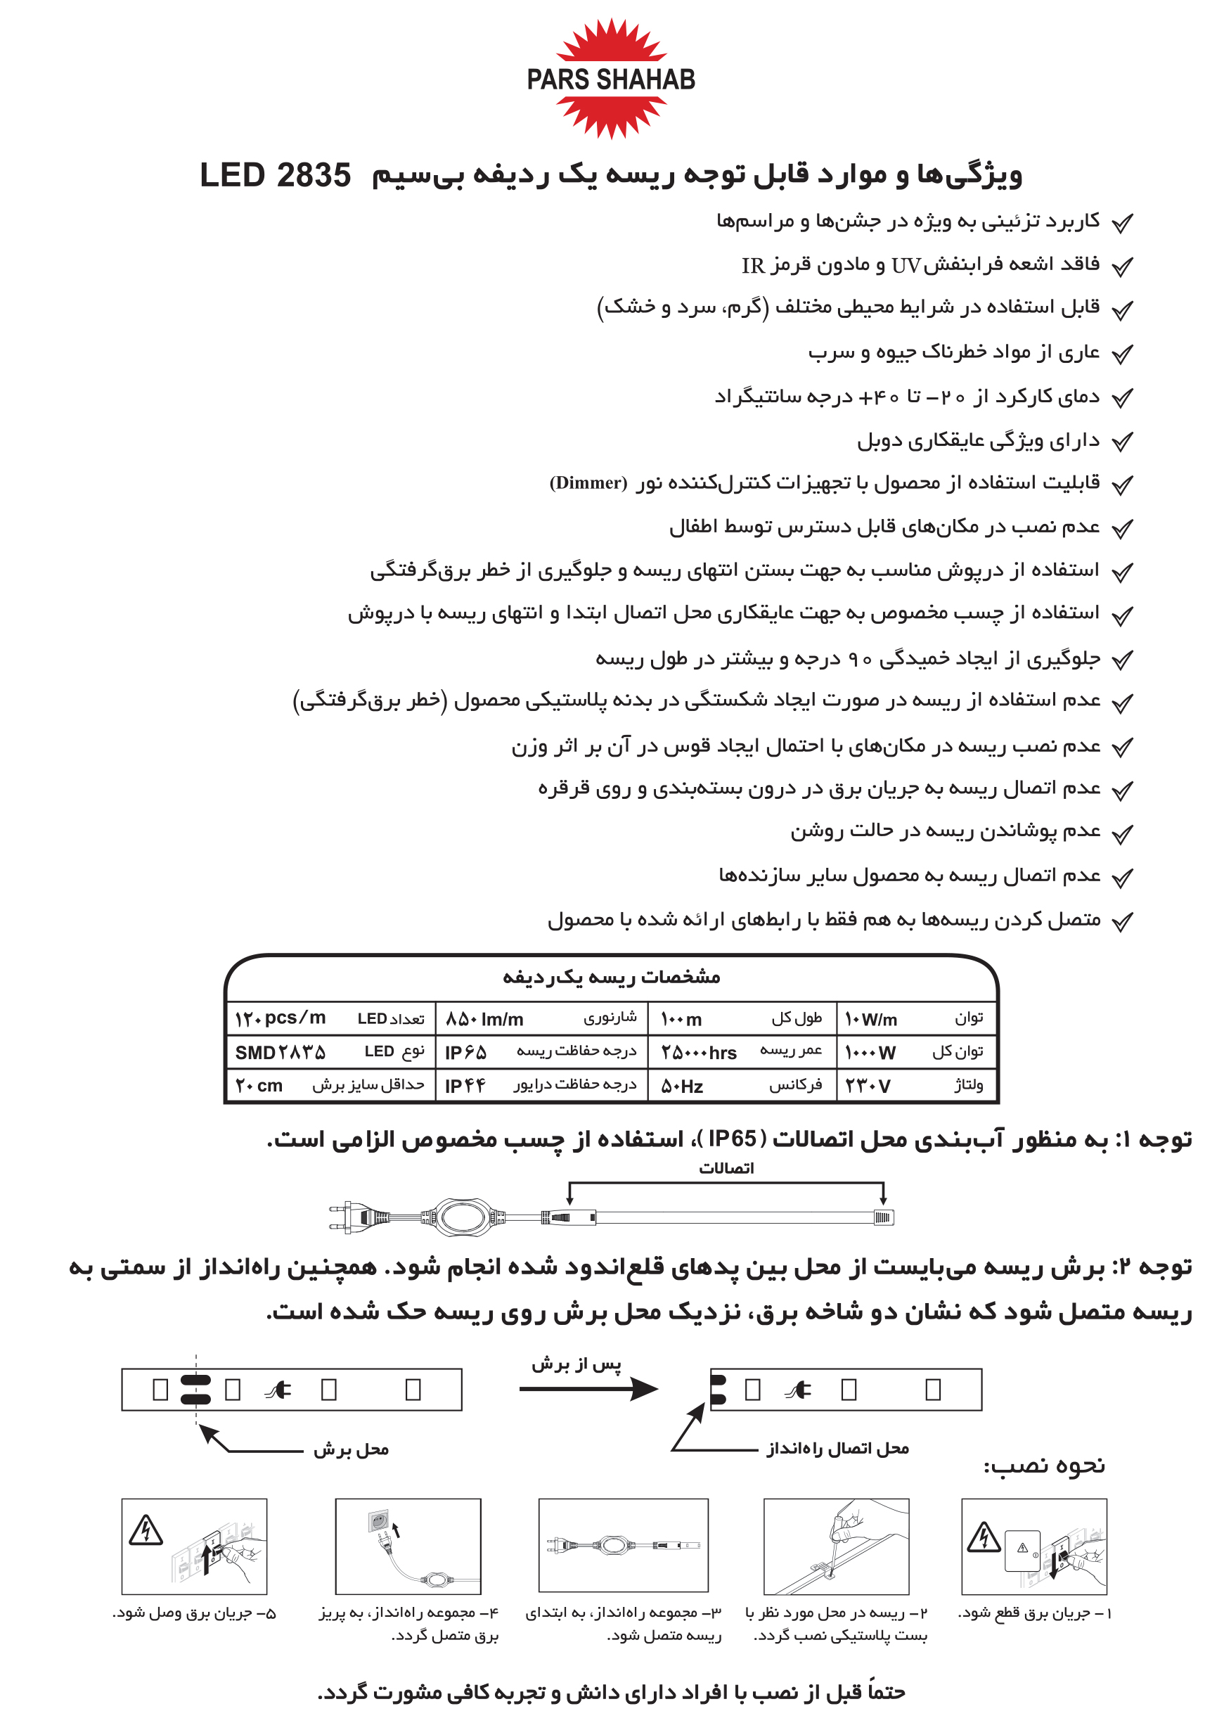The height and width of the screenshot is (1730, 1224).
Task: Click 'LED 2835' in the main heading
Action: coord(275,176)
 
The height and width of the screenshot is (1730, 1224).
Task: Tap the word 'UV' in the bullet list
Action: coord(906,265)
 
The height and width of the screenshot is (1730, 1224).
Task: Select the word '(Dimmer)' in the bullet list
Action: coord(588,482)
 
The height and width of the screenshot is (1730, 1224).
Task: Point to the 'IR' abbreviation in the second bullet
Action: coord(753,265)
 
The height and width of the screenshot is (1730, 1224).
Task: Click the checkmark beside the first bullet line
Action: coord(1122,223)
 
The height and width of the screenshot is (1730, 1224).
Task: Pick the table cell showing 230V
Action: coord(868,1086)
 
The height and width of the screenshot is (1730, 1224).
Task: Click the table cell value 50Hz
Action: coord(682,1087)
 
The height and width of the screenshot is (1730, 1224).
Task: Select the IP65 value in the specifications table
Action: coord(466,1052)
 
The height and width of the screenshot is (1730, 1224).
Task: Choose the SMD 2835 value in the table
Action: coord(281,1052)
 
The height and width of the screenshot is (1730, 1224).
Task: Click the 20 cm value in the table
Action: coord(259,1087)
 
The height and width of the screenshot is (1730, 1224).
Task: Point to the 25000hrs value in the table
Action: coord(699,1052)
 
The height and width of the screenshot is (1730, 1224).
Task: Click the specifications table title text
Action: coord(611,978)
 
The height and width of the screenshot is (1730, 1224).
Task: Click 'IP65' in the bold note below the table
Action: coord(732,1139)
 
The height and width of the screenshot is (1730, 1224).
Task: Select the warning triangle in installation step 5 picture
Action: coord(146,1530)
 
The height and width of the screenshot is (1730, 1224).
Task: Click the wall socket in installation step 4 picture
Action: coord(378,1521)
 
